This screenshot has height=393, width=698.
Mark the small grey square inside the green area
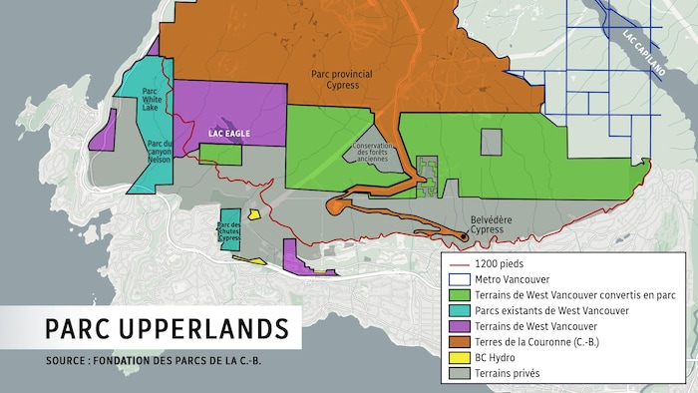(x=492, y=142)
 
